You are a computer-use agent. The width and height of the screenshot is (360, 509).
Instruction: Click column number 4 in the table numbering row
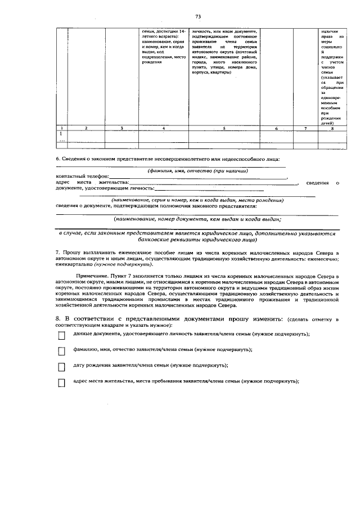163,128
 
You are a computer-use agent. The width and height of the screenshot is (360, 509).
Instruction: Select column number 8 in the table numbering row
332,128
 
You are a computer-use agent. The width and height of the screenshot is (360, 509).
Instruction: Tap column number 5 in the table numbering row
224,128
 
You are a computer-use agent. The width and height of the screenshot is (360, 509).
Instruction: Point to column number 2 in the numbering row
85,128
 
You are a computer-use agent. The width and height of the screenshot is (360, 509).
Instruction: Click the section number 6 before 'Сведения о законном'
58,160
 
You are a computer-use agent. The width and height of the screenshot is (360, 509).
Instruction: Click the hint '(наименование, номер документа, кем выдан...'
197,219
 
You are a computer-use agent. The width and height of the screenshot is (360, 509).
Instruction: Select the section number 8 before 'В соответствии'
58,319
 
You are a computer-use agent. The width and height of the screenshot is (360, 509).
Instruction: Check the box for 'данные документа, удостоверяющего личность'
61,336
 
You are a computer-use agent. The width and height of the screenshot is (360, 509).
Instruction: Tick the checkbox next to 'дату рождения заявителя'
61,367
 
